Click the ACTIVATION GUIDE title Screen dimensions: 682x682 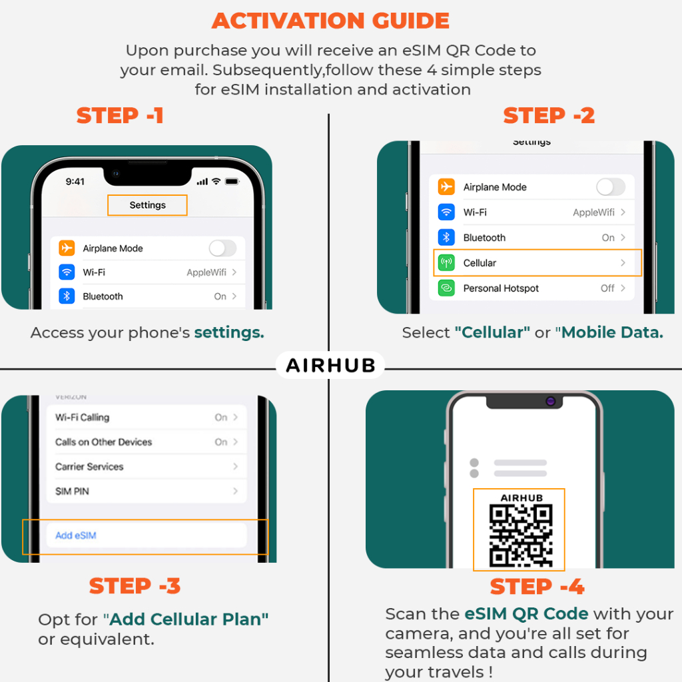click(330, 21)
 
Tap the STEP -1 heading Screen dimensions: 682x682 click(120, 116)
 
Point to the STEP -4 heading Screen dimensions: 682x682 click(537, 586)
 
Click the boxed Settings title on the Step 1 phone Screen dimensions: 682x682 click(147, 205)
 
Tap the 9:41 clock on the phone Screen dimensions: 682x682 click(75, 181)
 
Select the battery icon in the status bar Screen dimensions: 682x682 click(232, 181)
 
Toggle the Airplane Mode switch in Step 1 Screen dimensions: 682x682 click(222, 248)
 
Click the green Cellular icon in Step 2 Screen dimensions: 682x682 click(446, 262)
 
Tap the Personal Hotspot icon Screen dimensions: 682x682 click(446, 288)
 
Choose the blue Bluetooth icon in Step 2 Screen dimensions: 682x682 click(446, 238)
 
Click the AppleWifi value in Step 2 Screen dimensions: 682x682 click(593, 212)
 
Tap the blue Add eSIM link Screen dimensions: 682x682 click(76, 535)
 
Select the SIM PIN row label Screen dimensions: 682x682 click(72, 491)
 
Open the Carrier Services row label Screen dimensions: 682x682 click(89, 467)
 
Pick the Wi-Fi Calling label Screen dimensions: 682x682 click(82, 417)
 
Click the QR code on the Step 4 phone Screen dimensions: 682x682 click(521, 535)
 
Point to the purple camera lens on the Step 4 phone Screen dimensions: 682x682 click(550, 401)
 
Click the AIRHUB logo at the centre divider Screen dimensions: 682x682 click(330, 366)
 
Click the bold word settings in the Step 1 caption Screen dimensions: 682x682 click(229, 333)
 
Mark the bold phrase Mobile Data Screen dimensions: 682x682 click(613, 332)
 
